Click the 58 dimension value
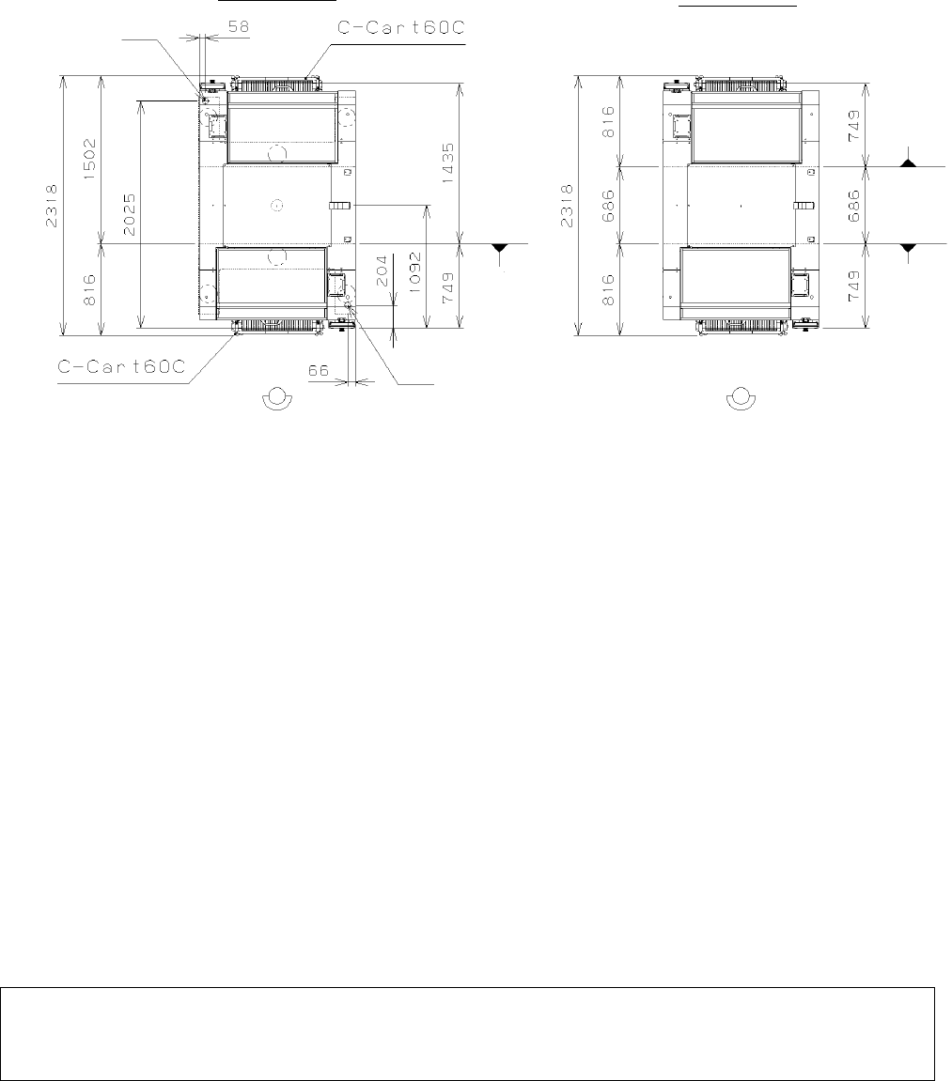tap(239, 27)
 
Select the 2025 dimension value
tap(129, 214)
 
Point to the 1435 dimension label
tap(448, 162)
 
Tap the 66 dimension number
tap(318, 371)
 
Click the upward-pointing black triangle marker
tap(909, 163)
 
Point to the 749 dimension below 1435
tap(448, 288)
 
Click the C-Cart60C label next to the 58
tap(400, 27)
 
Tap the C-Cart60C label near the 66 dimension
tap(122, 366)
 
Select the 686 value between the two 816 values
tap(608, 206)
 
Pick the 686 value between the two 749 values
tap(854, 206)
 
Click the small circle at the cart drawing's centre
tap(276, 205)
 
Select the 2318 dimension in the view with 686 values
tap(567, 206)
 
